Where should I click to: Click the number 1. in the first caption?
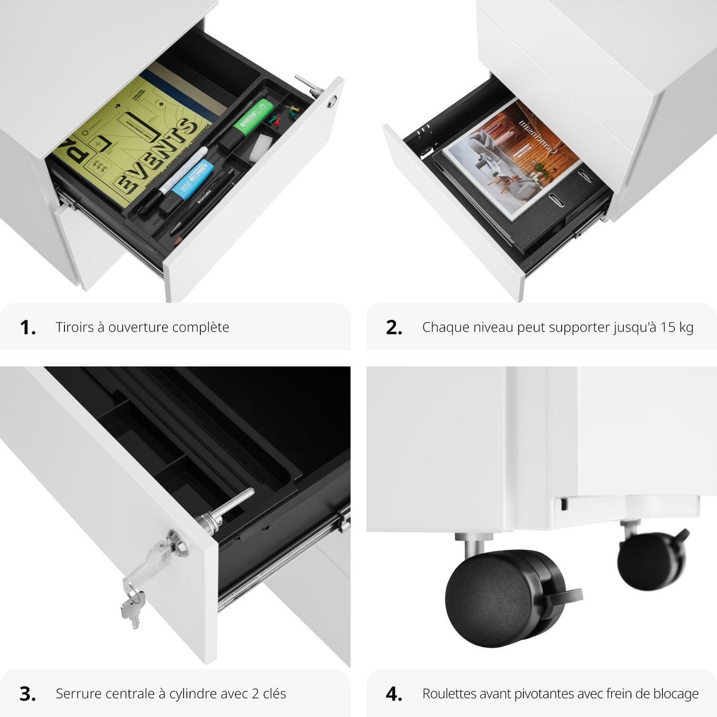point(27,327)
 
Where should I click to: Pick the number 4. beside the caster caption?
point(394,694)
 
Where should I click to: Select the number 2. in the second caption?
point(394,327)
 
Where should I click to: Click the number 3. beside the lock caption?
point(27,694)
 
